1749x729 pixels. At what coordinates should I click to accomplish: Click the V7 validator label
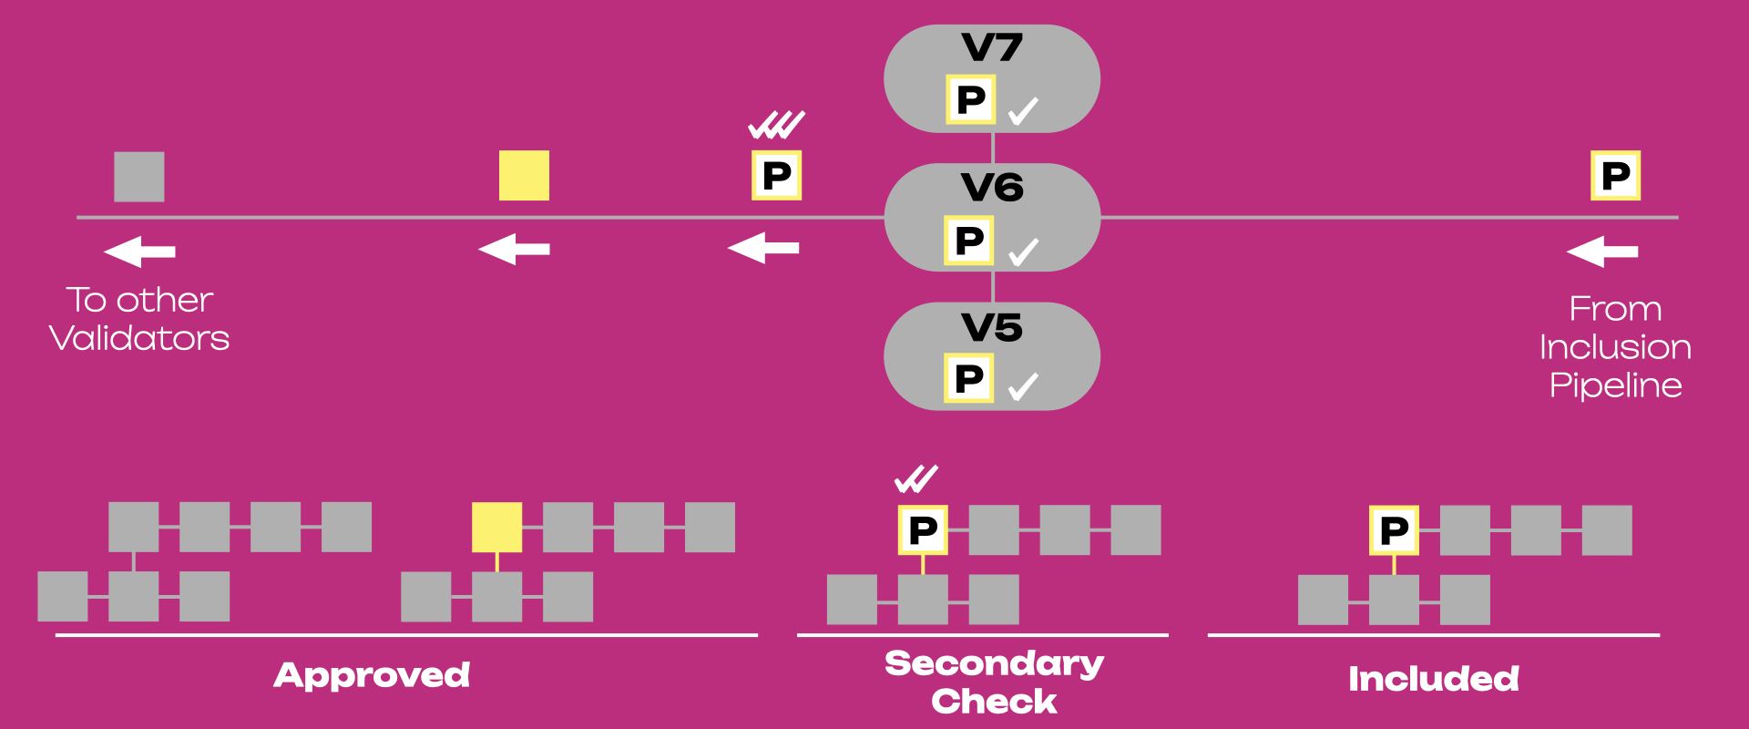click(992, 47)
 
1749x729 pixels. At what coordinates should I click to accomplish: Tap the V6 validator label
click(992, 188)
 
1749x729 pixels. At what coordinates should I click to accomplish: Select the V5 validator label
click(992, 327)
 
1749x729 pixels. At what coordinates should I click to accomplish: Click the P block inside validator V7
click(970, 99)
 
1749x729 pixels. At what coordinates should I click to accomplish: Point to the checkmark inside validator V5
click(1024, 387)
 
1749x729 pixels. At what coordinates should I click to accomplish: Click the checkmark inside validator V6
click(1024, 252)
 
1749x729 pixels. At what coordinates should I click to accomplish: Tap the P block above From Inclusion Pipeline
click(1615, 175)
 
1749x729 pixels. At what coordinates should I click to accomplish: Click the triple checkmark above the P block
click(777, 125)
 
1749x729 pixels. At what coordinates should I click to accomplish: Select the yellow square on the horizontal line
click(524, 175)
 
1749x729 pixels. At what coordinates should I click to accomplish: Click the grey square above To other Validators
click(139, 177)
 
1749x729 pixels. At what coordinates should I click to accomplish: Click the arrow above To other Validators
click(139, 251)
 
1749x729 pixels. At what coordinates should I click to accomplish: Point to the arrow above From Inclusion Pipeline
click(1602, 251)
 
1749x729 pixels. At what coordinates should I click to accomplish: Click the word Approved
click(373, 675)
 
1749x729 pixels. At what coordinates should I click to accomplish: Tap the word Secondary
click(995, 663)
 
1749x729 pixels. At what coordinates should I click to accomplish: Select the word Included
click(1434, 679)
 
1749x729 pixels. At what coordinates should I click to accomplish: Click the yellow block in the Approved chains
click(496, 527)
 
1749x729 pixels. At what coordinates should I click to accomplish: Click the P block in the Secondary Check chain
click(923, 530)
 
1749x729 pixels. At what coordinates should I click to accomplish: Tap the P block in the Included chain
click(1394, 530)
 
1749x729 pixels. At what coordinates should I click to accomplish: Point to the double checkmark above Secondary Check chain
click(916, 479)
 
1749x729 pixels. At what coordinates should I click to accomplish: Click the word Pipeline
click(1616, 385)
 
